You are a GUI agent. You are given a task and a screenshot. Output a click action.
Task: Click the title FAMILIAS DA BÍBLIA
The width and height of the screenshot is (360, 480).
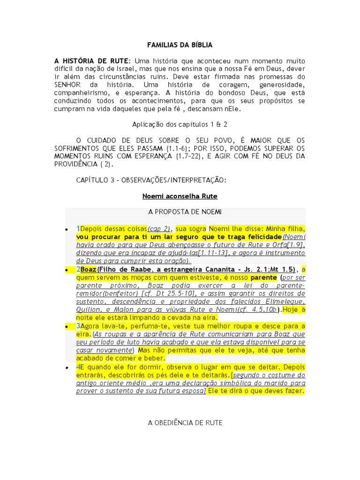pyautogui.click(x=180, y=45)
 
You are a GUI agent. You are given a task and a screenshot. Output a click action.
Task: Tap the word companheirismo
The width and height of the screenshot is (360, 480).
pyautogui.click(x=81, y=93)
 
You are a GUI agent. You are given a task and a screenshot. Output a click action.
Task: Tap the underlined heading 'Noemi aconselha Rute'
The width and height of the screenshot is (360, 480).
pyautogui.click(x=180, y=195)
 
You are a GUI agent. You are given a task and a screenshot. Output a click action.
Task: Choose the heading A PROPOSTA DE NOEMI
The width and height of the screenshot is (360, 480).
pyautogui.click(x=180, y=212)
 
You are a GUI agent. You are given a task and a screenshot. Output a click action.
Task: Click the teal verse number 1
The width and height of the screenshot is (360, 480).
pyautogui.click(x=78, y=229)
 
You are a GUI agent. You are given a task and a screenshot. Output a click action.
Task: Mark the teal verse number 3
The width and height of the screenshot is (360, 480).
pyautogui.click(x=78, y=326)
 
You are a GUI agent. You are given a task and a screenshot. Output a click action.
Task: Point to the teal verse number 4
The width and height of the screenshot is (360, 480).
pyautogui.click(x=78, y=367)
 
